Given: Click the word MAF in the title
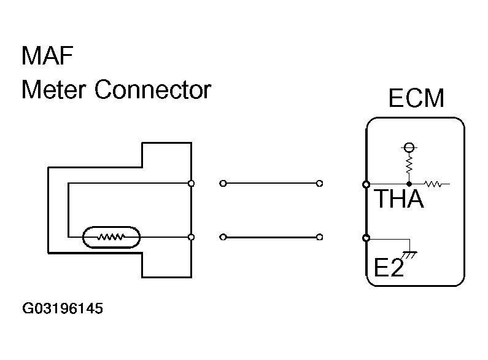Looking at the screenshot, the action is point(47,55).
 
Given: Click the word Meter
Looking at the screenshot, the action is point(53,90).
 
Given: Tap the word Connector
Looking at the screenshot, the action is point(153,90).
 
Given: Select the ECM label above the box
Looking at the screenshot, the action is point(416,98).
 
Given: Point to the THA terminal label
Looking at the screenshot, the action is point(400,198).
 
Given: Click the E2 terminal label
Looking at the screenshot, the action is point(389,267).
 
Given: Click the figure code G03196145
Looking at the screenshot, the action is point(63,308).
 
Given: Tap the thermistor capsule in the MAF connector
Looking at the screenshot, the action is point(111,237).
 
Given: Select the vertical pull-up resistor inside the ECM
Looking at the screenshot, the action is point(409,165).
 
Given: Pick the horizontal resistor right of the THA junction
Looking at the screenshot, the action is point(433,184).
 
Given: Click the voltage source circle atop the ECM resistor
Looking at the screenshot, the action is point(409,147).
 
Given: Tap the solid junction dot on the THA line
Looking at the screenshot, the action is point(409,184).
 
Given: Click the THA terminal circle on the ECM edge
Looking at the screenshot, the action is point(366,185).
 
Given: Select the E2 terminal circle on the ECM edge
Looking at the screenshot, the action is point(366,238).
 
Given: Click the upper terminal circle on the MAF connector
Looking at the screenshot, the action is point(192,184).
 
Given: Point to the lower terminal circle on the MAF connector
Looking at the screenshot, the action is point(192,237).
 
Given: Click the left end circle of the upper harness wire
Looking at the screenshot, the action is point(223,184).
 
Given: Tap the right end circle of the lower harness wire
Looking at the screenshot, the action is point(319,237).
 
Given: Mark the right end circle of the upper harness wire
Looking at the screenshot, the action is point(319,184).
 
